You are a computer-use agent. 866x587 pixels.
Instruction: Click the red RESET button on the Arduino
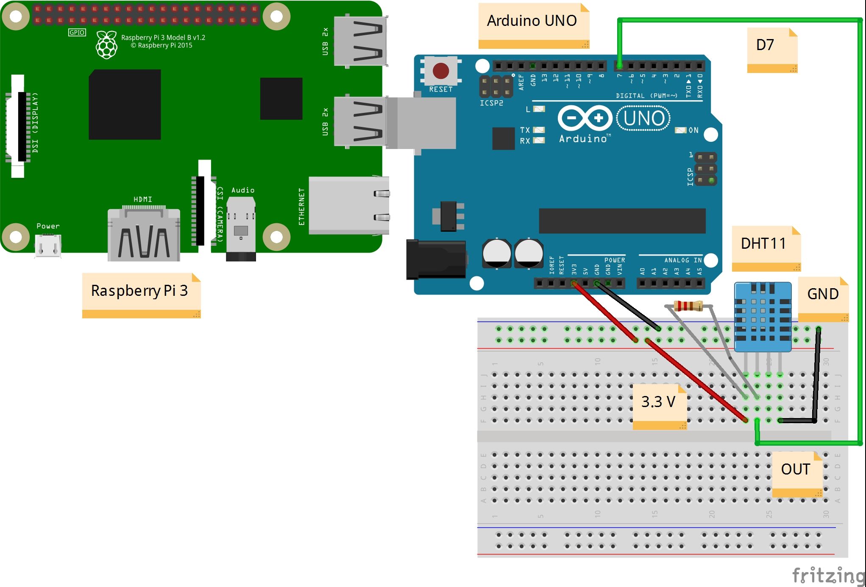click(440, 71)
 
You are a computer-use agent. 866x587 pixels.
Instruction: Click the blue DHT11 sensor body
click(763, 316)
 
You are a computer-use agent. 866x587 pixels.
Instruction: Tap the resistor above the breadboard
click(688, 305)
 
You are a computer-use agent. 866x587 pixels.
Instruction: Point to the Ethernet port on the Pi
click(348, 205)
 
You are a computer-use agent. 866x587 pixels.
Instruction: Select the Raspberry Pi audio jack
click(241, 231)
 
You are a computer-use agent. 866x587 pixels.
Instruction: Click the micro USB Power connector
click(48, 246)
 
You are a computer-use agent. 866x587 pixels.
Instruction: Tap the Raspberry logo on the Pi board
click(106, 45)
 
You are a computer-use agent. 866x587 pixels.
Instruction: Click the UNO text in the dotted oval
click(643, 118)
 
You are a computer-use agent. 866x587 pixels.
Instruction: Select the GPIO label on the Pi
click(77, 32)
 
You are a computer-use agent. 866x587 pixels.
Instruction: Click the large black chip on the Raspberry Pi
click(125, 104)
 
